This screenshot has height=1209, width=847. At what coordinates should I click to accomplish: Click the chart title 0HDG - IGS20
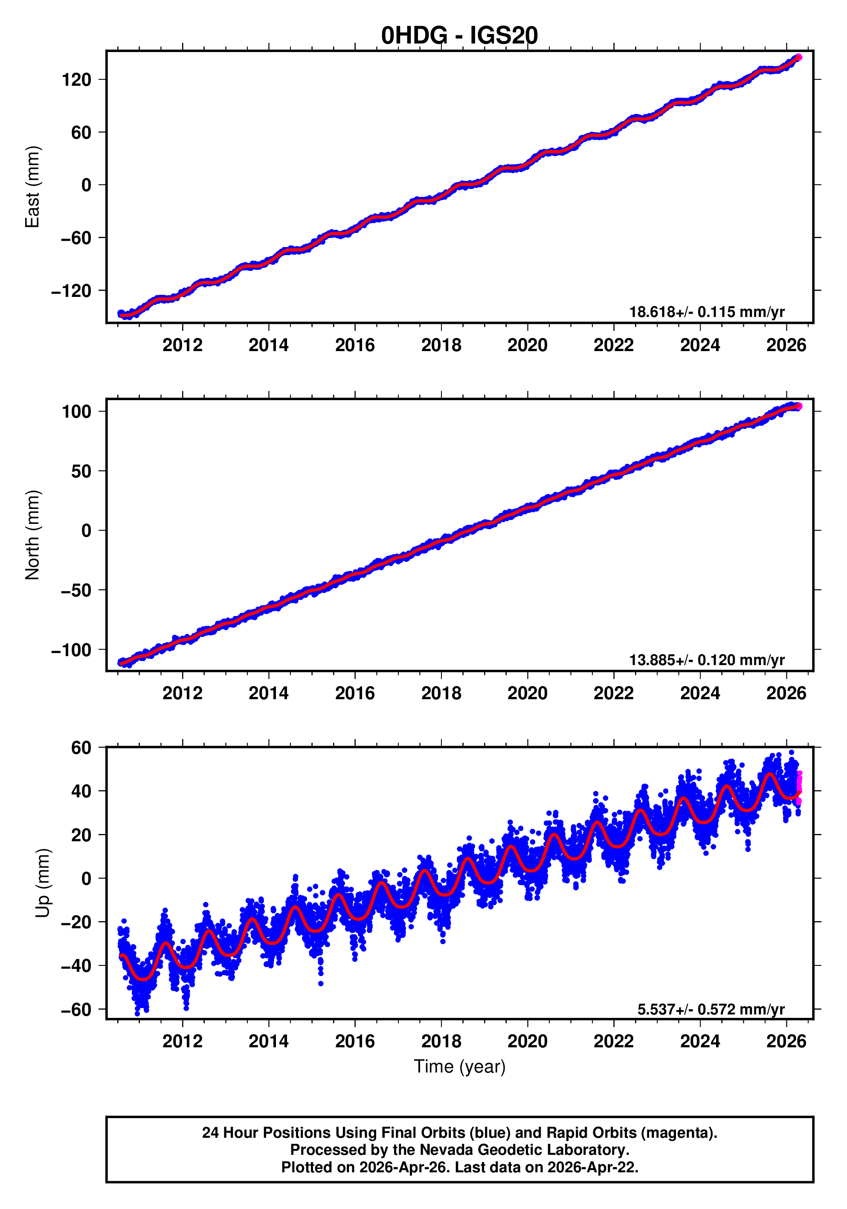coord(459,35)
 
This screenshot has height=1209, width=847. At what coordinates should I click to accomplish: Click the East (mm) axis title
coord(33,187)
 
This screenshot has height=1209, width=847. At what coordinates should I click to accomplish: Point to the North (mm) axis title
coord(33,535)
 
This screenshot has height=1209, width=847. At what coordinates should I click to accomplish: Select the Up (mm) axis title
coord(43,883)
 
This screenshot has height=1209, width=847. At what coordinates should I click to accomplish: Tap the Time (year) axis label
coord(459,1066)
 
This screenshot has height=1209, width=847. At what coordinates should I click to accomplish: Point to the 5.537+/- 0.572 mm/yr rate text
coord(711,1009)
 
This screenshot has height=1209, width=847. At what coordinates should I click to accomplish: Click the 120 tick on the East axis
coord(76,80)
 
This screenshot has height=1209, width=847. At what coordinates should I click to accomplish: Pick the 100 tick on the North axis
coord(76,412)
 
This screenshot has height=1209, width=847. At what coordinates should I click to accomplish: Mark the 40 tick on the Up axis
coord(81,791)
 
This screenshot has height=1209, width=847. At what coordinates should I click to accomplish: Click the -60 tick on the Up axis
coord(75,1009)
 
